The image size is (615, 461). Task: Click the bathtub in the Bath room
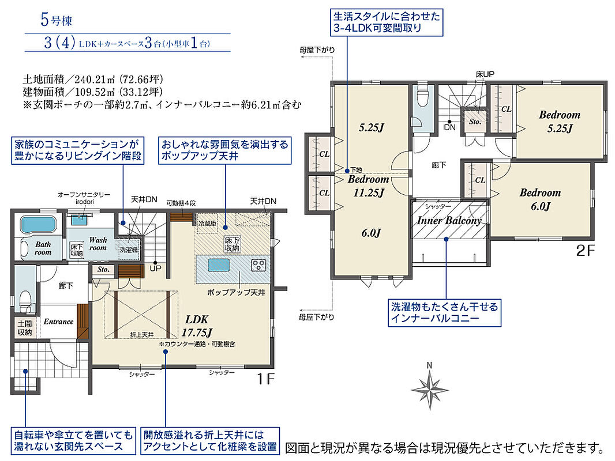click(x=37, y=224)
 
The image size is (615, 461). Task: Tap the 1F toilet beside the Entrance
click(x=25, y=300)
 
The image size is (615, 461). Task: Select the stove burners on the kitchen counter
click(x=259, y=265)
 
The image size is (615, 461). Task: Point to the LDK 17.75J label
click(x=197, y=326)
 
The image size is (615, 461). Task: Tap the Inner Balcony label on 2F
click(x=449, y=221)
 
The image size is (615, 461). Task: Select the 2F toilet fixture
click(x=422, y=96)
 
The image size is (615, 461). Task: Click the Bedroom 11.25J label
click(x=368, y=186)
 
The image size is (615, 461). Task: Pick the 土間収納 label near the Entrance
click(x=25, y=328)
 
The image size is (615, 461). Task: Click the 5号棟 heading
click(x=57, y=20)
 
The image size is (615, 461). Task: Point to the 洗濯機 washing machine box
click(x=129, y=249)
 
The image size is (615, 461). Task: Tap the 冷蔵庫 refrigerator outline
click(x=207, y=223)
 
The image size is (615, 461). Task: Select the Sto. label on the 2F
click(x=475, y=122)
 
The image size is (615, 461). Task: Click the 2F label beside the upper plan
click(x=585, y=250)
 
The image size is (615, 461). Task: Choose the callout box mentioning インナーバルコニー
click(x=444, y=312)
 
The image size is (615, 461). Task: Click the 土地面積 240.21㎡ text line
click(x=92, y=80)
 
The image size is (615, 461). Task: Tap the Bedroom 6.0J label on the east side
click(x=540, y=199)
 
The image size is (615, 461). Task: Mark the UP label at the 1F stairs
click(x=155, y=269)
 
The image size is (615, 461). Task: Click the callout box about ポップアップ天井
click(x=225, y=150)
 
